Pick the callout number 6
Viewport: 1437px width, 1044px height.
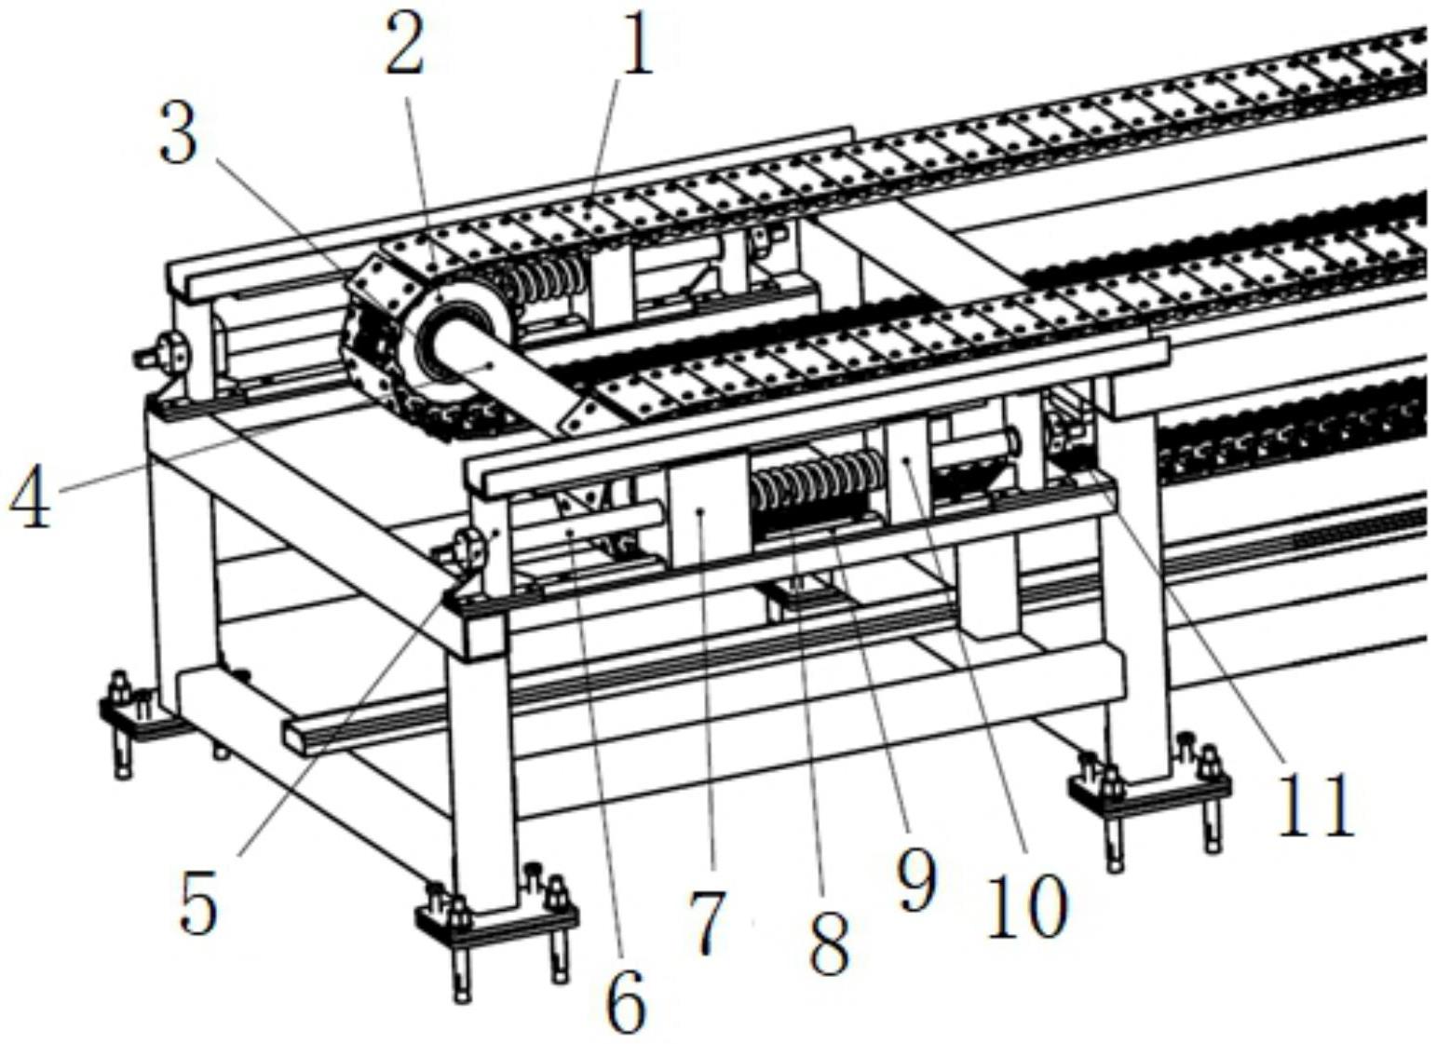(x=625, y=1000)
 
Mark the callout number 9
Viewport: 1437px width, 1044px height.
(x=915, y=880)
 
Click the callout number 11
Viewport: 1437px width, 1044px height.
(x=1314, y=803)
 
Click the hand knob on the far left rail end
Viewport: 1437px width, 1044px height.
(x=168, y=354)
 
